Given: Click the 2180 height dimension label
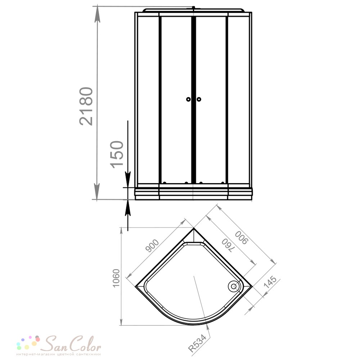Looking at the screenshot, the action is pos(86,106).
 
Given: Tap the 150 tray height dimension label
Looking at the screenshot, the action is pos(117,154).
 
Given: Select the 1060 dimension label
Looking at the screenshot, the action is pos(116,278).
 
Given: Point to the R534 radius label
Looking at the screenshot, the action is pos(197,343).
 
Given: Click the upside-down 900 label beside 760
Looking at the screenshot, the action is pos(242,238).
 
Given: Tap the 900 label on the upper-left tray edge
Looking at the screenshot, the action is pos(152,246).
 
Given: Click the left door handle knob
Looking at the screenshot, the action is pos(188,99).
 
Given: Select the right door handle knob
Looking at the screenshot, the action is pos(199,99).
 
